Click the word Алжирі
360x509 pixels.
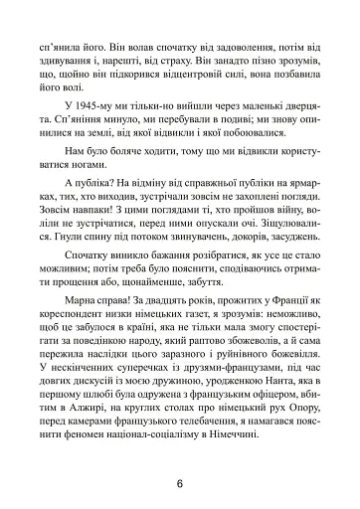97,406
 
